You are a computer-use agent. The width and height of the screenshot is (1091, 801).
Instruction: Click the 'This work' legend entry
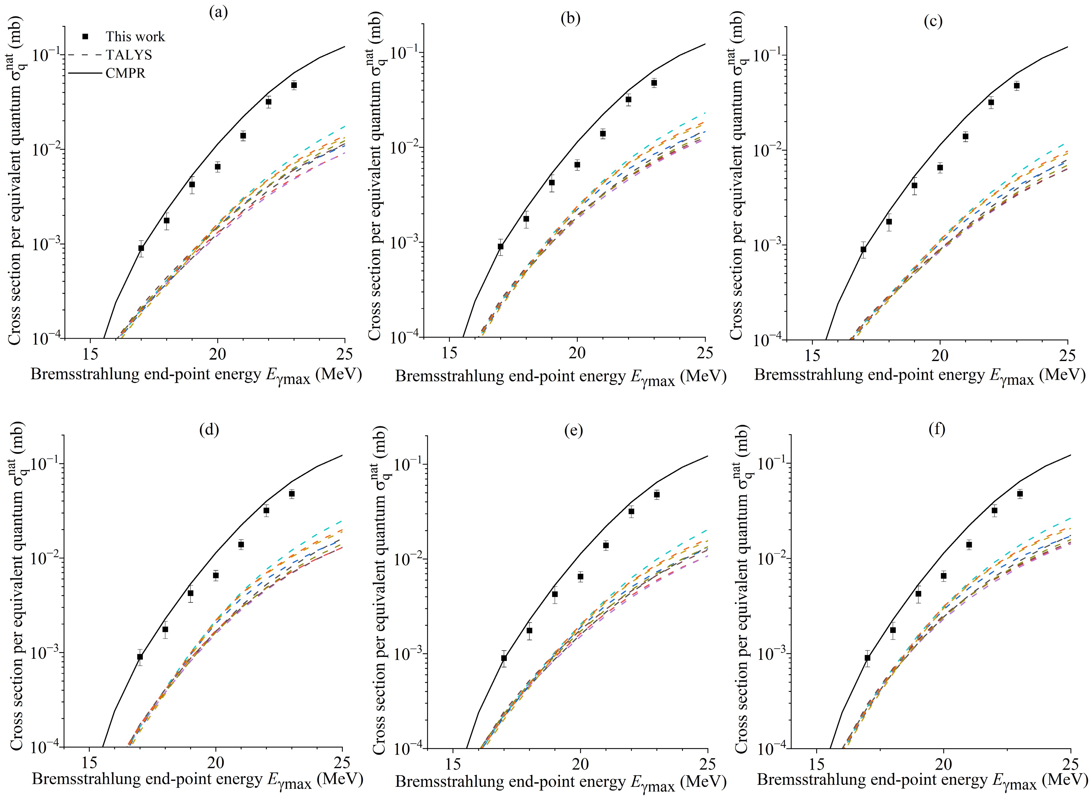pyautogui.click(x=135, y=37)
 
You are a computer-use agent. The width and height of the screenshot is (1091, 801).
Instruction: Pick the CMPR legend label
pyautogui.click(x=125, y=73)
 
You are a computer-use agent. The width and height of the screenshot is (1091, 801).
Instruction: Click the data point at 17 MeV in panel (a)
pyautogui.click(x=141, y=248)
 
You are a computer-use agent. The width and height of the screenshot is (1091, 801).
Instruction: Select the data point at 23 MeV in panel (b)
pyautogui.click(x=654, y=83)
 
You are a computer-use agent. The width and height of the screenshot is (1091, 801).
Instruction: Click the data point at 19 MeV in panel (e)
pyautogui.click(x=555, y=594)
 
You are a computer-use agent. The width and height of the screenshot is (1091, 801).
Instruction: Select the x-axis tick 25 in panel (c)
pyautogui.click(x=1067, y=356)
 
